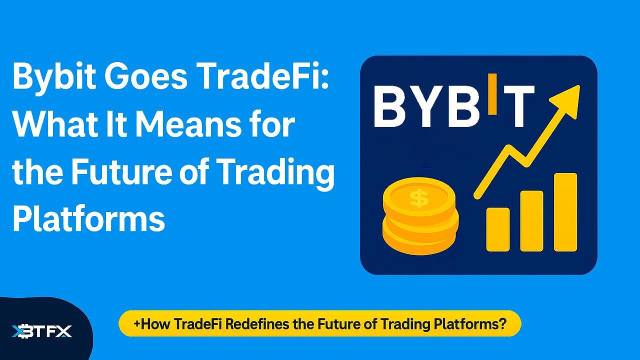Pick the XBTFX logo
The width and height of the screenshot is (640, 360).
pyautogui.click(x=42, y=331)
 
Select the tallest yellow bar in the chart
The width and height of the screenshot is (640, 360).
pyautogui.click(x=565, y=212)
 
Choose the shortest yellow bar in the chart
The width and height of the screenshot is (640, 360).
pyautogui.click(x=498, y=229)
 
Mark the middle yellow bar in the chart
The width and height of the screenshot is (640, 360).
pyautogui.click(x=531, y=220)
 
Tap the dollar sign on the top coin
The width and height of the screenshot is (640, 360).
pyautogui.click(x=418, y=198)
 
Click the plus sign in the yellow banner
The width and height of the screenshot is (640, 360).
pyautogui.click(x=137, y=323)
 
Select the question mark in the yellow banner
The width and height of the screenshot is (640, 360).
pyautogui.click(x=502, y=323)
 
